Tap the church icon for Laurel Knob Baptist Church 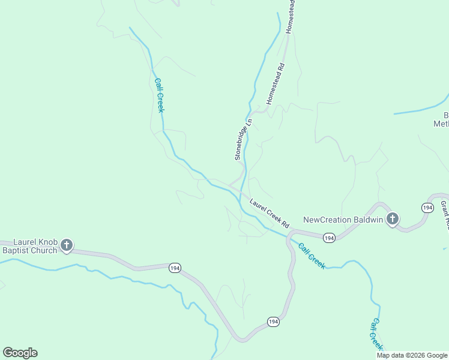point(67,245)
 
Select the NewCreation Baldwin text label point(343,220)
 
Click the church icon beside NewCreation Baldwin point(393,219)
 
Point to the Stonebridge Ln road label point(244,139)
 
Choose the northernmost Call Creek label point(160,95)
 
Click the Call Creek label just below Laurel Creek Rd point(311,255)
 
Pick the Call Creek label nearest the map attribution point(375,334)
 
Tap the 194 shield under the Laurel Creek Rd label point(329,238)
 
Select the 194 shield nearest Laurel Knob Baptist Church point(174,268)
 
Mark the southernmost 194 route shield point(273,322)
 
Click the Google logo point(20,353)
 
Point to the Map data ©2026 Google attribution point(412,355)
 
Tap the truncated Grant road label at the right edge point(445,215)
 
